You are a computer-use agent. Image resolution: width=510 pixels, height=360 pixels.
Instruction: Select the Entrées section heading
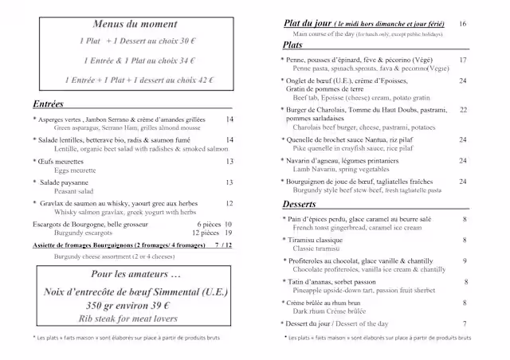tap(49, 104)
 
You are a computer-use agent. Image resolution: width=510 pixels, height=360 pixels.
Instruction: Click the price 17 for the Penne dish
tap(463, 61)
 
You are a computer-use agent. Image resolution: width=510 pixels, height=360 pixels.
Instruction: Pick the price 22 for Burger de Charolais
tap(463, 110)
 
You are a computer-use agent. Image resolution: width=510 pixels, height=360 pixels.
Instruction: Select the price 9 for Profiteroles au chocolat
tap(465, 260)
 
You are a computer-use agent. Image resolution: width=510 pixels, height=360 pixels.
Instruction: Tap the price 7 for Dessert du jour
tap(465, 323)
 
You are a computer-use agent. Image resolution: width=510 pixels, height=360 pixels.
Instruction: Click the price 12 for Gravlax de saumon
tap(229, 203)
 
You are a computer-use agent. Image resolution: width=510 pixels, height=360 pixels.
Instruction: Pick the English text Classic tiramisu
tap(321, 248)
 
